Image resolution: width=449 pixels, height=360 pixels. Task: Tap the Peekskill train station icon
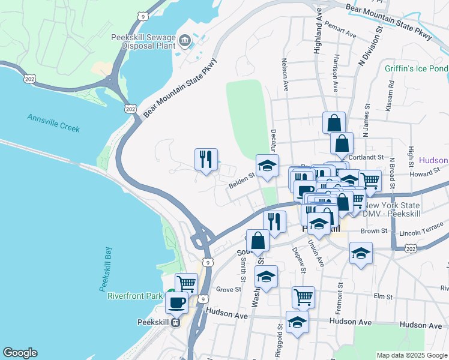(176, 322)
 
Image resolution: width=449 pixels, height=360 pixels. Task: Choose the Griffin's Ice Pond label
(416, 68)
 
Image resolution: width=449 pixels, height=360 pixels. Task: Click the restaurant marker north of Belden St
(206, 160)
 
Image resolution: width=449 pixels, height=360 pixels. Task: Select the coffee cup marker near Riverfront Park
(176, 302)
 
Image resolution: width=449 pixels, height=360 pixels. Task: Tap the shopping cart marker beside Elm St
(303, 296)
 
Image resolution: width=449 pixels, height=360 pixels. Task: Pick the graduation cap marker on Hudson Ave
(297, 322)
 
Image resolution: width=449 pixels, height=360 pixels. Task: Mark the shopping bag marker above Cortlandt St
(341, 144)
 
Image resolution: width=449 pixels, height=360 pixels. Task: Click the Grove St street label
(228, 289)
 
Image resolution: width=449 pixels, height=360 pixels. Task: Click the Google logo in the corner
(20, 353)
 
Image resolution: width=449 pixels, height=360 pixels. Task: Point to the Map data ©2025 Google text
(412, 355)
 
